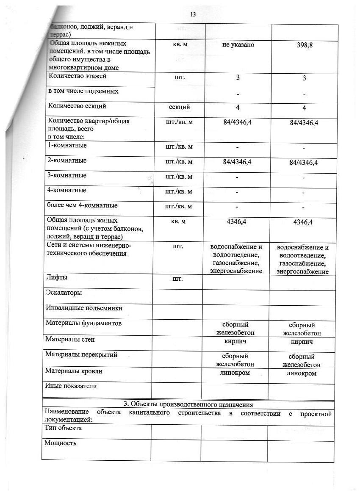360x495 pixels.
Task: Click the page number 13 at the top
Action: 193,14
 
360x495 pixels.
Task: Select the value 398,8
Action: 305,45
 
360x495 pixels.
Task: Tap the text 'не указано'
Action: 238,44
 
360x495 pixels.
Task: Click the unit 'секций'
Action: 179,107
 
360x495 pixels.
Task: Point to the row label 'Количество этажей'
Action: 78,77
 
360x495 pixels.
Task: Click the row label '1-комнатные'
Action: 68,145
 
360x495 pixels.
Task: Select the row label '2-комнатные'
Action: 68,160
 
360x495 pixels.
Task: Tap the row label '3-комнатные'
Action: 68,175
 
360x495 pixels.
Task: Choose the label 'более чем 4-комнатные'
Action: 83,205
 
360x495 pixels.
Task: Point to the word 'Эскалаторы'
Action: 64,293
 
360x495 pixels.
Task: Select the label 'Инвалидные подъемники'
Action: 80,308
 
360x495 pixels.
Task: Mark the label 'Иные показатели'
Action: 71,386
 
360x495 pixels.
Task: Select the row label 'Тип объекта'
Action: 63,428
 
